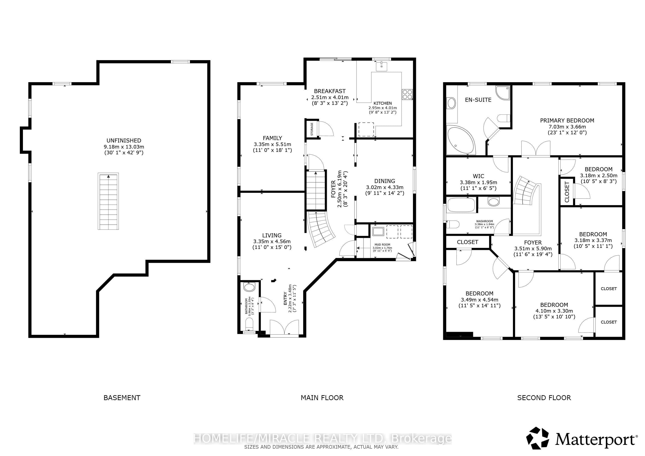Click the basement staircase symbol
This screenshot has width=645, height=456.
[x=108, y=201]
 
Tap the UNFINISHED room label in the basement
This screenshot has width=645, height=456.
[x=124, y=140]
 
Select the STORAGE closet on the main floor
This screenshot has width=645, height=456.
[x=312, y=129]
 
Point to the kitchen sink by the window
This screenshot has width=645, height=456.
[x=382, y=67]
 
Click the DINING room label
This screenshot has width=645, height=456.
[x=385, y=181]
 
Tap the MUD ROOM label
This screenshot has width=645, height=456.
[x=382, y=244]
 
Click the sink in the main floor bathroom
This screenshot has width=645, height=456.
[x=249, y=287]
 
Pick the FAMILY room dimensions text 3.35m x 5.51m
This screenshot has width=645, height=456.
[x=272, y=144]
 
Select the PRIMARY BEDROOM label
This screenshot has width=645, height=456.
[x=567, y=120]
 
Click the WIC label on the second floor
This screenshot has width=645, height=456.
[x=478, y=176]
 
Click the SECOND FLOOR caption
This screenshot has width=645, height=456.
[x=544, y=398]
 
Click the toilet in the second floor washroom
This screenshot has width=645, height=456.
[x=453, y=224]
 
